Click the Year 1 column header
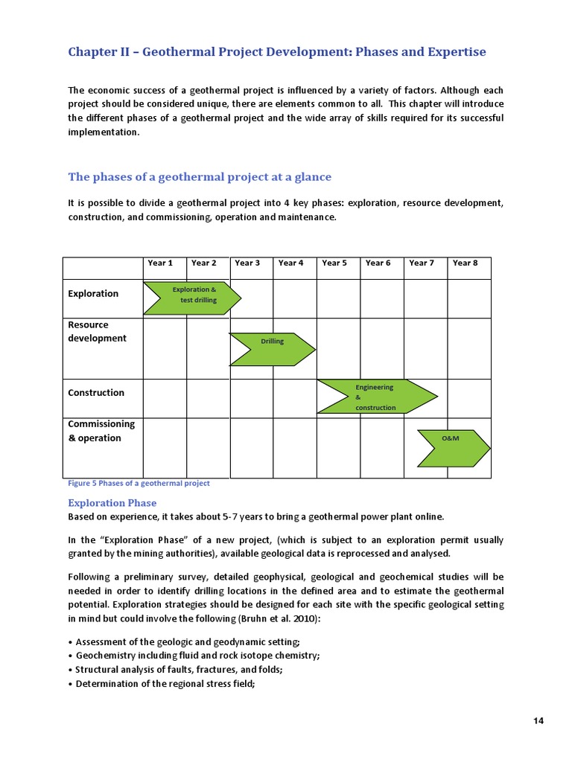pyautogui.click(x=160, y=263)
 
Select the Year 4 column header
pyautogui.click(x=290, y=263)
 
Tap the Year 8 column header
pyautogui.click(x=465, y=263)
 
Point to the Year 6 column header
pyautogui.click(x=378, y=263)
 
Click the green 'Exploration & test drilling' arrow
pyautogui.click(x=191, y=298)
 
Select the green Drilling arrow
pyautogui.click(x=272, y=349)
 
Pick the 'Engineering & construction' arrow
pyautogui.click(x=376, y=397)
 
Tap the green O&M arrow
pyautogui.click(x=452, y=448)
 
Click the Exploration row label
pyautogui.click(x=93, y=293)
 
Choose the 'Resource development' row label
pyautogui.click(x=97, y=332)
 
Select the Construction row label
pyautogui.click(x=96, y=392)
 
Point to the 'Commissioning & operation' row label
pyautogui.click(x=101, y=431)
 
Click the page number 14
pyautogui.click(x=538, y=721)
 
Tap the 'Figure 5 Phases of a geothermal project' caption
pyautogui.click(x=139, y=483)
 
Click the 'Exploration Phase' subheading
pyautogui.click(x=112, y=503)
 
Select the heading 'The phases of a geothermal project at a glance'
pyautogui.click(x=200, y=177)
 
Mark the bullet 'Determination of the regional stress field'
pyautogui.click(x=165, y=684)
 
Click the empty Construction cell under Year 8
pyautogui.click(x=468, y=398)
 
